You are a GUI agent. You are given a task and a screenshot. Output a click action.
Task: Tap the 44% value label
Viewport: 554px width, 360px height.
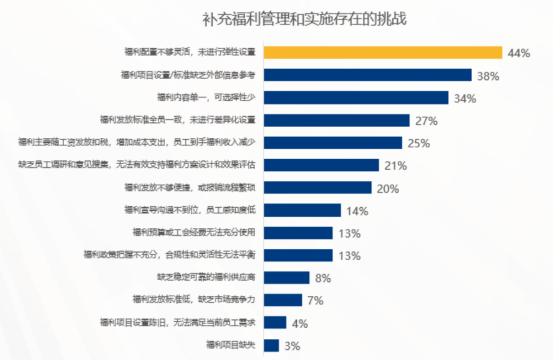click(519, 53)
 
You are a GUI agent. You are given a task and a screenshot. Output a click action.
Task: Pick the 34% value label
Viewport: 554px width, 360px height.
click(464, 98)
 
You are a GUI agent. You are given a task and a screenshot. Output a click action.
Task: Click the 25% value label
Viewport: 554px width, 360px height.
click(418, 143)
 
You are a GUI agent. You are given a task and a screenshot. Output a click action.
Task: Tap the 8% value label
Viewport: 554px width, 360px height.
click(323, 277)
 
